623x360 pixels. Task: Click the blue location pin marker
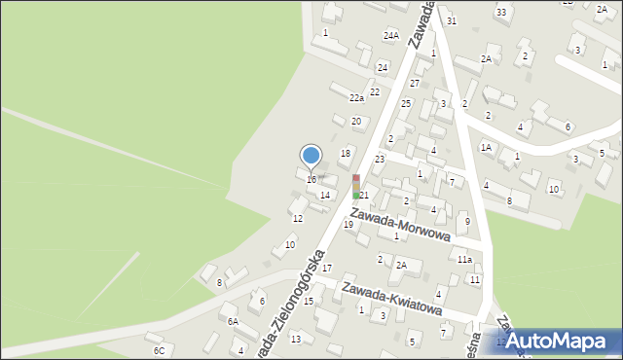tap(311, 156)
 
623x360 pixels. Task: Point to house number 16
tap(311, 180)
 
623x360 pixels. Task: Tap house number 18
tap(345, 154)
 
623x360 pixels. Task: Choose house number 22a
tap(357, 98)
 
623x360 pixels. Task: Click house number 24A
tap(391, 36)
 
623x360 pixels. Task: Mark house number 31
tap(451, 20)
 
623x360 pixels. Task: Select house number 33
tap(500, 12)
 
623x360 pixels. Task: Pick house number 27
tap(414, 84)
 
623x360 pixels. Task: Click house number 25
tap(406, 103)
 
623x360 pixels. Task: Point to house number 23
tap(380, 159)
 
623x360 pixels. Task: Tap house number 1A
tap(485, 147)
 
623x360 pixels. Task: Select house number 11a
tap(464, 260)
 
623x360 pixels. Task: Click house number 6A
tap(233, 321)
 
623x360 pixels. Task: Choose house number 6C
tap(159, 349)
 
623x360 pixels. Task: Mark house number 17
tap(327, 268)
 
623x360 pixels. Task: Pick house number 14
tap(325, 196)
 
